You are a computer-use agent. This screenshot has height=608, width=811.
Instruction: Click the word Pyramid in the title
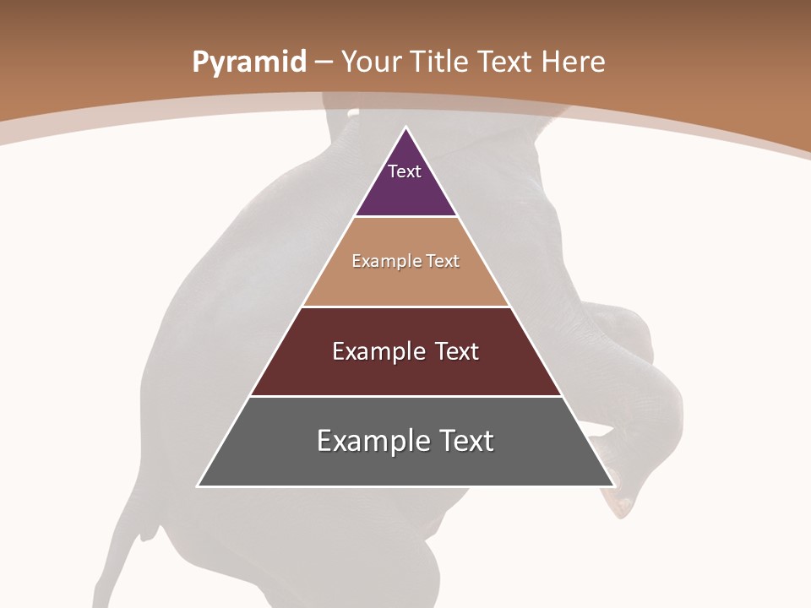(248, 62)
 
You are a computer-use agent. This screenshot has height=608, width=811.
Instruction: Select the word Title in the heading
(440, 62)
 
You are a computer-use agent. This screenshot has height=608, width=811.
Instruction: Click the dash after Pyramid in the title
(324, 63)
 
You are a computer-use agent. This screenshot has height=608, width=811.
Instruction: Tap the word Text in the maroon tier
(458, 351)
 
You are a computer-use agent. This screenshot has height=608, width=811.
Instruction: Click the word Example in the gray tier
(372, 441)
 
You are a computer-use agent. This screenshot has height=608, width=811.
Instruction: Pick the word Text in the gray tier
(465, 441)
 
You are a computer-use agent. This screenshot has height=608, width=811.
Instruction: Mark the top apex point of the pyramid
(405, 128)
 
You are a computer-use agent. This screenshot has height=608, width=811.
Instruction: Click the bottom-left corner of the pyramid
(199, 486)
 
